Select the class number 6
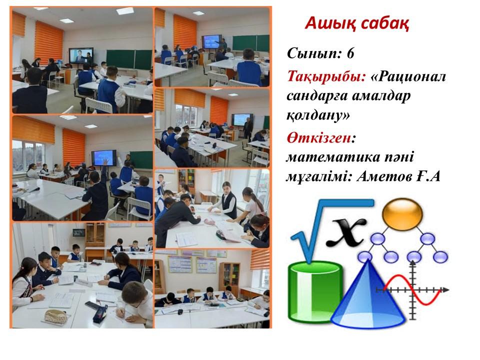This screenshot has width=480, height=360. click(350, 53)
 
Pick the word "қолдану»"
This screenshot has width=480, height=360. click(318, 115)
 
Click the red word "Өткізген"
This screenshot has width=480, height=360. click(318, 138)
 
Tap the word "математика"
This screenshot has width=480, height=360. click(331, 157)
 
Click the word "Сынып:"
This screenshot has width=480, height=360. click(314, 54)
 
